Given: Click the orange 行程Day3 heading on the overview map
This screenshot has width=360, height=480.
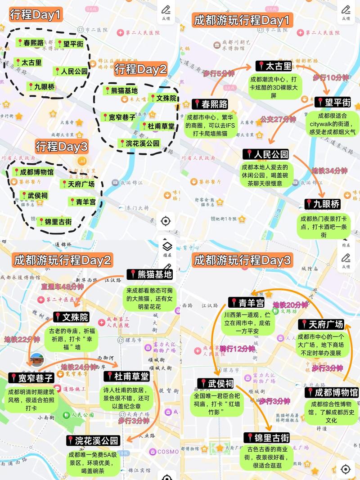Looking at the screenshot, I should (62, 146).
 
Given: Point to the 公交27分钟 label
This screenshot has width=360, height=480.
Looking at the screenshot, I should (278, 119).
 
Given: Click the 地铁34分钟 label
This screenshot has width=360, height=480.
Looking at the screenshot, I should (329, 171).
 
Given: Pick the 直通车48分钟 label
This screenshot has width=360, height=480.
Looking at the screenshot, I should (63, 287).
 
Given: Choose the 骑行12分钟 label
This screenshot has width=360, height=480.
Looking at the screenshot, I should (238, 348).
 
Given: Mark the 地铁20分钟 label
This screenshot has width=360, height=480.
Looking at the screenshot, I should (290, 305).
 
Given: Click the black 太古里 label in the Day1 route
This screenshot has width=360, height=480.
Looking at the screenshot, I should (274, 66).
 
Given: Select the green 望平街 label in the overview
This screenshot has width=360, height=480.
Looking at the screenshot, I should (70, 44).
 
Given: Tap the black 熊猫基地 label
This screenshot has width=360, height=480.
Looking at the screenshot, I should (150, 274).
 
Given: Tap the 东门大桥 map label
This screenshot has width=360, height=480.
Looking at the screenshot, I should (134, 208).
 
